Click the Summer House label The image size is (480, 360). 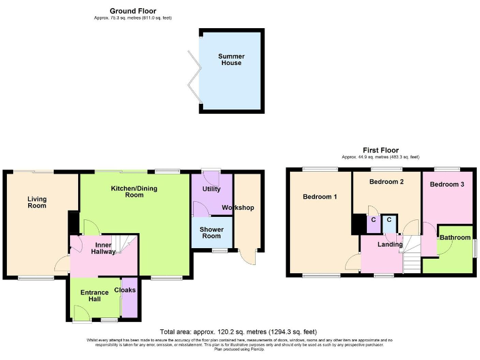(x=230, y=59)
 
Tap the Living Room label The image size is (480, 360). (x=37, y=202)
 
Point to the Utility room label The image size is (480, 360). (x=211, y=188)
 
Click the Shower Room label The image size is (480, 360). (x=211, y=232)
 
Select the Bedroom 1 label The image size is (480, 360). (x=320, y=197)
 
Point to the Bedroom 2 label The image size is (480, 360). (x=386, y=182)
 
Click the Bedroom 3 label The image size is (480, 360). (x=447, y=184)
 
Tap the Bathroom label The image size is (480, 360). (x=454, y=237)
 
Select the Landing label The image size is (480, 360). (x=391, y=244)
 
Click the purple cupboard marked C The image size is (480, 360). (x=374, y=222)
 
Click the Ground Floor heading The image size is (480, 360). (x=132, y=11)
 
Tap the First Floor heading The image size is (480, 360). (x=380, y=150)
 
